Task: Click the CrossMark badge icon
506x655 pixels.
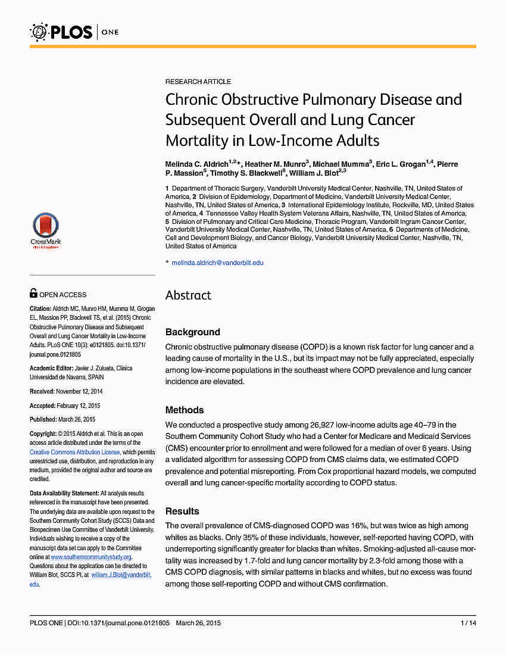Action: (x=46, y=229)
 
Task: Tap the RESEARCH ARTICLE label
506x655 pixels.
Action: (x=198, y=82)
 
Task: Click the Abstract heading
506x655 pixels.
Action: (x=188, y=295)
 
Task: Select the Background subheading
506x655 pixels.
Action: (x=193, y=332)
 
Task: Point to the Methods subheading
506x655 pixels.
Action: (x=185, y=410)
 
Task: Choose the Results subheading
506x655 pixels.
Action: (x=182, y=511)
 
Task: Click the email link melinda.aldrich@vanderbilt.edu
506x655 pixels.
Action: (x=217, y=263)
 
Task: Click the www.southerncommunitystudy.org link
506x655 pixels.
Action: (x=90, y=557)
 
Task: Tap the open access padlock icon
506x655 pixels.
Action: (x=34, y=294)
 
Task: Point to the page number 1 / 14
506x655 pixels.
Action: (x=468, y=623)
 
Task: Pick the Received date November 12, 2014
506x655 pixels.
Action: (x=79, y=391)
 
